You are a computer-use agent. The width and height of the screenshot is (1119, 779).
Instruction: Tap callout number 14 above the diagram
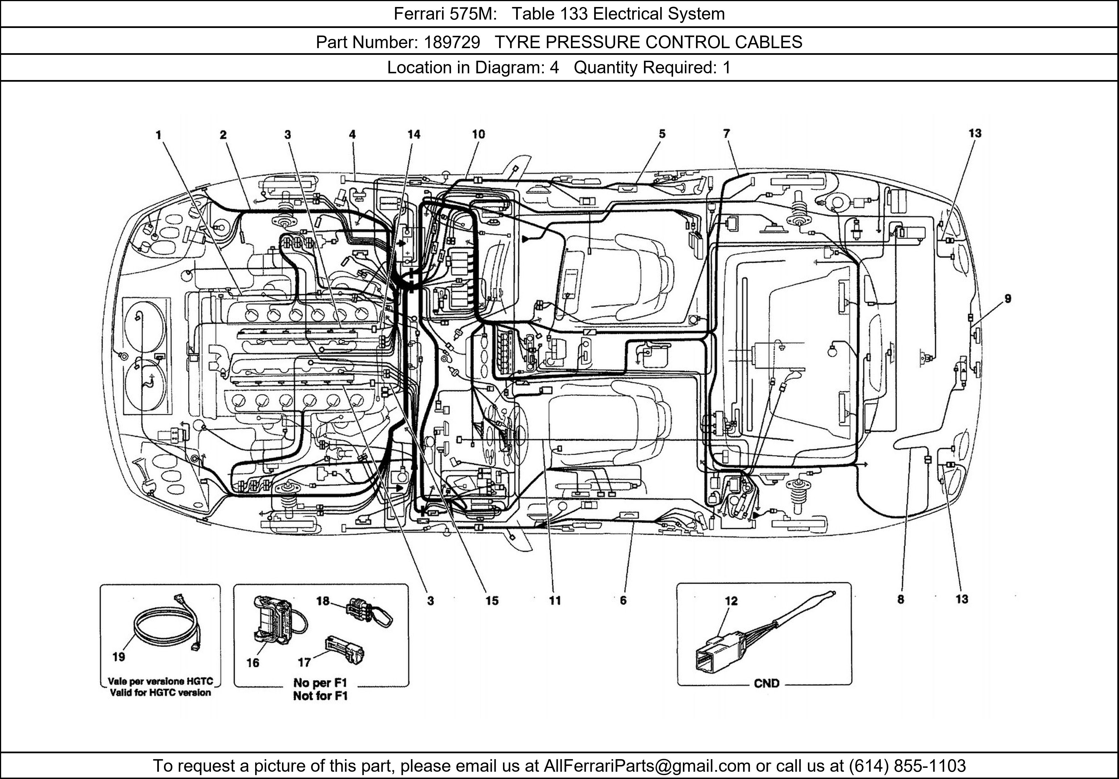pos(414,135)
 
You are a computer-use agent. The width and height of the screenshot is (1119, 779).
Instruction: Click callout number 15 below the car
pos(492,600)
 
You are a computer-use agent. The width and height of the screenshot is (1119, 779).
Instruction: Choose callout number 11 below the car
pos(555,600)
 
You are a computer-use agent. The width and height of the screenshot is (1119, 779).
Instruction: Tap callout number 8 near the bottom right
pos(901,600)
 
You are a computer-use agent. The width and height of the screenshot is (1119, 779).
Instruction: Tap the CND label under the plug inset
pos(767,684)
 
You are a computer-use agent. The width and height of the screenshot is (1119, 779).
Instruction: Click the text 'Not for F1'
pos(320,696)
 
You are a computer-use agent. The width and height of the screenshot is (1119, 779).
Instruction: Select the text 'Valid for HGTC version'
pos(160,693)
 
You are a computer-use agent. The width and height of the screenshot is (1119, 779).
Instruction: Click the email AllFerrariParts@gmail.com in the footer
pos(647,766)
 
